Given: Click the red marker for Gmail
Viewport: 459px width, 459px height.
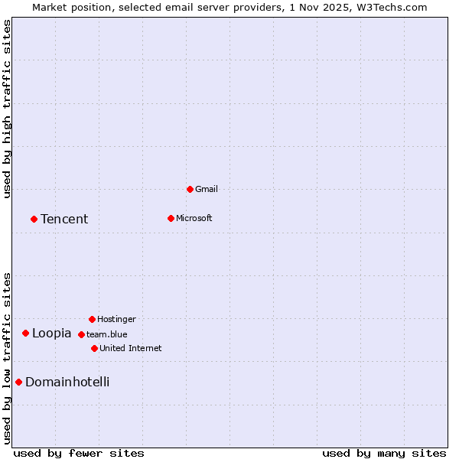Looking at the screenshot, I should (x=190, y=189).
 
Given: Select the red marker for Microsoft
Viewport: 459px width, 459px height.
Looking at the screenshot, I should (x=171, y=218).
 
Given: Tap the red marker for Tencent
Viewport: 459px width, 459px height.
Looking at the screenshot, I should (x=34, y=219).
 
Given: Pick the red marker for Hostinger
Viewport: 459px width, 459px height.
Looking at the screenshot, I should (x=92, y=319).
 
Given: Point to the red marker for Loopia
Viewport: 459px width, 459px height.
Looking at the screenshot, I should (x=25, y=333).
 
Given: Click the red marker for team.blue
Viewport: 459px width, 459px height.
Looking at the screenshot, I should (x=81, y=334).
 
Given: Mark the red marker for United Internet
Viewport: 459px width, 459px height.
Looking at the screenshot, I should (x=94, y=348).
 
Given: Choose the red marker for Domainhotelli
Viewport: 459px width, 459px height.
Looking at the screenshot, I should (x=18, y=382).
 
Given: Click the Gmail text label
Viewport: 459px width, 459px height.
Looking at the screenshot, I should (x=207, y=189).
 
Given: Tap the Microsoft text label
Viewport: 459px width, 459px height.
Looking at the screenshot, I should (x=194, y=218).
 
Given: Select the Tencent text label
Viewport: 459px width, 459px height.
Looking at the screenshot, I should (x=64, y=220).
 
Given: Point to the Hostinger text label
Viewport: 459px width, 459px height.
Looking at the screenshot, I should (x=116, y=319).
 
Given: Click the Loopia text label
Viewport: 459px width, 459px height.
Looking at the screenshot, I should (x=51, y=334).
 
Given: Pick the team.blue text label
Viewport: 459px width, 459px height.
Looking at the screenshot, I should (x=107, y=334).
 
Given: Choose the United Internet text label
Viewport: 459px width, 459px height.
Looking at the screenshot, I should (x=131, y=348).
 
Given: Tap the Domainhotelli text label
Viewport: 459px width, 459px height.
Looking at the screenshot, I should (x=67, y=382).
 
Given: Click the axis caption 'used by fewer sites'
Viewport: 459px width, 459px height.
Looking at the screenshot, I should (x=79, y=454).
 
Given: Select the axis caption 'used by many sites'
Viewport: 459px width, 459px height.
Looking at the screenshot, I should (x=384, y=454).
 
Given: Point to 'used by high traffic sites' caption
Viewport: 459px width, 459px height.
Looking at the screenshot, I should (x=8, y=109).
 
